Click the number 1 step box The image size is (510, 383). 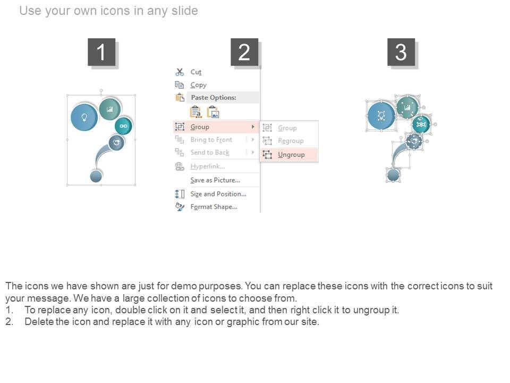coord(101,52)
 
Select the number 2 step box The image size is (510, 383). coord(244,52)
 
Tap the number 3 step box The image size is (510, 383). coord(401,52)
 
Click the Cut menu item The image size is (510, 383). coord(196,72)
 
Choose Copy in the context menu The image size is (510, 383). coord(198,85)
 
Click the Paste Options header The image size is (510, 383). coord(214,97)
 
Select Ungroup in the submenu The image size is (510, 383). coord(291,155)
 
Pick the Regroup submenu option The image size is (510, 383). coord(291,140)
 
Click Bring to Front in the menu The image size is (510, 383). coord(211,140)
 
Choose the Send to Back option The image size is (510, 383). coord(210,153)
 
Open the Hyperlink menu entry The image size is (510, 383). coord(208,166)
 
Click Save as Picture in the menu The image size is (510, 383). coord(215,180)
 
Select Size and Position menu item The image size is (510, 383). coord(218,194)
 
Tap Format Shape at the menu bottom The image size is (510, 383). coord(214,207)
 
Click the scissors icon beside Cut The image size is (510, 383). coord(180,72)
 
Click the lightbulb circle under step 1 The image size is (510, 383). coord(84,117)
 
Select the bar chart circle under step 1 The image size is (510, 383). coord(110,109)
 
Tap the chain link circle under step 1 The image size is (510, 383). coord(123,126)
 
